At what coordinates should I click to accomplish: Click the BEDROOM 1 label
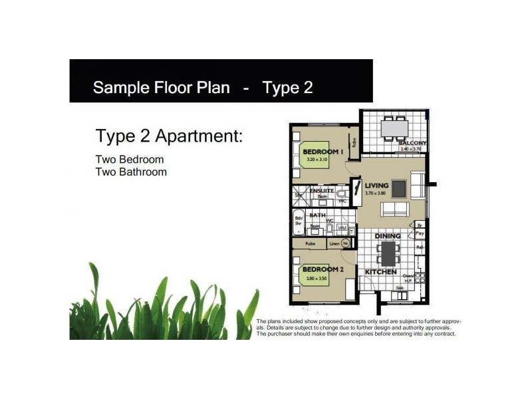tap(322, 152)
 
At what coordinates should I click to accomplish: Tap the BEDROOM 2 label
tap(323, 269)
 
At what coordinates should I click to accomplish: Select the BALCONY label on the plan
tap(412, 143)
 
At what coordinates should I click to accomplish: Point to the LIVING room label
tap(377, 186)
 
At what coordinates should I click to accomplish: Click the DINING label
tap(387, 236)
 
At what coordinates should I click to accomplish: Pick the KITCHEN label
tap(381, 273)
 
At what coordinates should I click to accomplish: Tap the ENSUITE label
tap(321, 191)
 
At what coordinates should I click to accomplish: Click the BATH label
tap(317, 215)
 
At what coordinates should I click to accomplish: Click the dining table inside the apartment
tap(387, 253)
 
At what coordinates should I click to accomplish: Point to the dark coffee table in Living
tap(399, 189)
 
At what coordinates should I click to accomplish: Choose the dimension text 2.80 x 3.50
tap(323, 277)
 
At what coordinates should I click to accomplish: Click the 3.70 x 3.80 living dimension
tap(377, 194)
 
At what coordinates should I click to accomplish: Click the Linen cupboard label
tap(334, 244)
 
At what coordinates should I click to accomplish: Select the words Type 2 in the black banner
tap(287, 88)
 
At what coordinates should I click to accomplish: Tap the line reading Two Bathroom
tap(131, 172)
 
